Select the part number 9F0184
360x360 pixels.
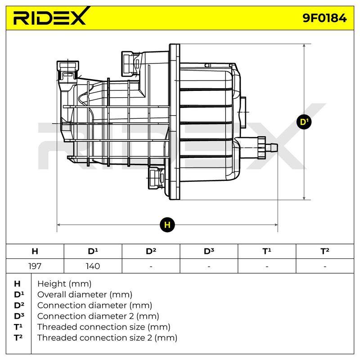(324, 18)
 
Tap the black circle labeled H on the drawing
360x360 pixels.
(167, 225)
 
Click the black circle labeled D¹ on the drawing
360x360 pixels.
(304, 121)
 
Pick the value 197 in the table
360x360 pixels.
(35, 266)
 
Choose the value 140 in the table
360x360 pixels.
(93, 266)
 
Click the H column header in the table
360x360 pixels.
(35, 251)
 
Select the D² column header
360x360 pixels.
(151, 251)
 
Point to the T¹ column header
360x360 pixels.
(267, 251)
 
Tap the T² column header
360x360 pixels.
(325, 251)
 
